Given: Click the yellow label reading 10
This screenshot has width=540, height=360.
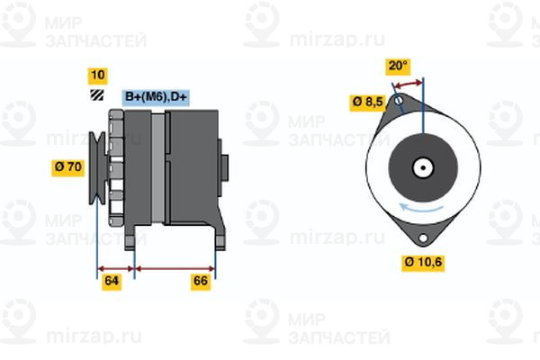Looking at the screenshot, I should click(x=98, y=75).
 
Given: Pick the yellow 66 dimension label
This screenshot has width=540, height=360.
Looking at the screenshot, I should click(x=201, y=282).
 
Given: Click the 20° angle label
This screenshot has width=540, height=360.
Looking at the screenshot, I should click(x=398, y=66).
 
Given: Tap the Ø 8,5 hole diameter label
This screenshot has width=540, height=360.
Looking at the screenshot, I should click(x=368, y=102).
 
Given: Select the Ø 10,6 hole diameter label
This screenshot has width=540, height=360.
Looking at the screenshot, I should click(x=422, y=263).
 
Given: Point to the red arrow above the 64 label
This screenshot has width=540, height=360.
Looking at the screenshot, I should click(x=115, y=267).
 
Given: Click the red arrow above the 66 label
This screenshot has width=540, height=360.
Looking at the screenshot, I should click(x=175, y=267).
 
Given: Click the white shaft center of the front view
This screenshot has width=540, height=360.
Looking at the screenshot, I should click(x=421, y=167).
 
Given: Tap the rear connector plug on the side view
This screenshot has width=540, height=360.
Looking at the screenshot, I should click(x=223, y=166).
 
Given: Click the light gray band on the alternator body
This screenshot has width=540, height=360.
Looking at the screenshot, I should click(x=158, y=171).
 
